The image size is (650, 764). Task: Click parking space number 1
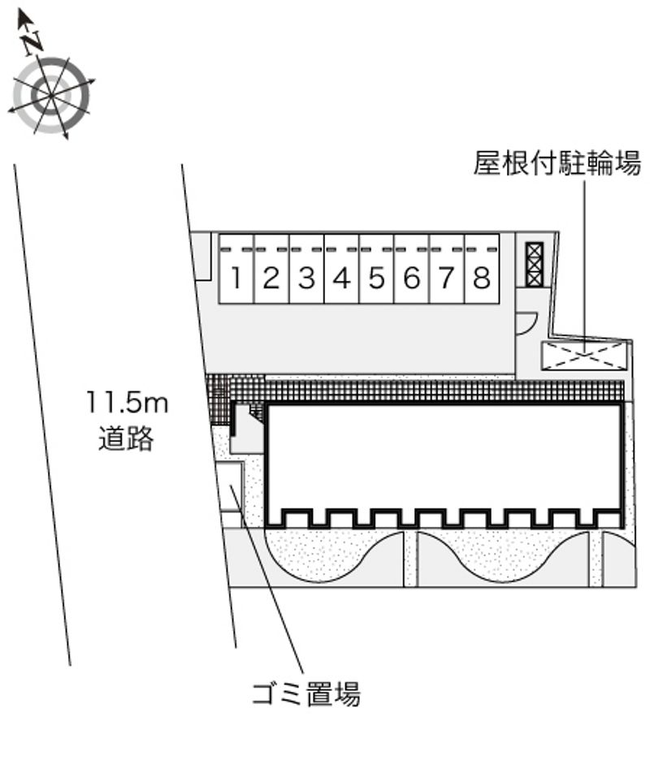click(x=236, y=269)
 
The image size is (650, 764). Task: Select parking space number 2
click(x=271, y=269)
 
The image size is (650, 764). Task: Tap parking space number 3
click(x=306, y=269)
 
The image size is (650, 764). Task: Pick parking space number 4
click(x=342, y=269)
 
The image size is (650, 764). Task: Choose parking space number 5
click(x=377, y=269)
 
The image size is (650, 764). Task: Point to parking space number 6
click(x=412, y=269)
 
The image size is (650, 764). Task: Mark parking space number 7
click(x=447, y=269)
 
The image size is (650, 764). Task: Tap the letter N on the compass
click(x=32, y=41)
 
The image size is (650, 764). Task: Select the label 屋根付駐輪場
click(x=557, y=163)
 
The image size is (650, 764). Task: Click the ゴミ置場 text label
click(x=306, y=694)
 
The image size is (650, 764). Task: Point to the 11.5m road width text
click(x=127, y=403)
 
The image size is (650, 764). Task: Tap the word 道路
click(x=126, y=438)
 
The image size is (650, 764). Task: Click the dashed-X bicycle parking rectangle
click(x=583, y=356)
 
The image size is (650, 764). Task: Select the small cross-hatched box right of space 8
click(x=534, y=265)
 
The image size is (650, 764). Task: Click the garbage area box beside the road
click(x=230, y=486)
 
